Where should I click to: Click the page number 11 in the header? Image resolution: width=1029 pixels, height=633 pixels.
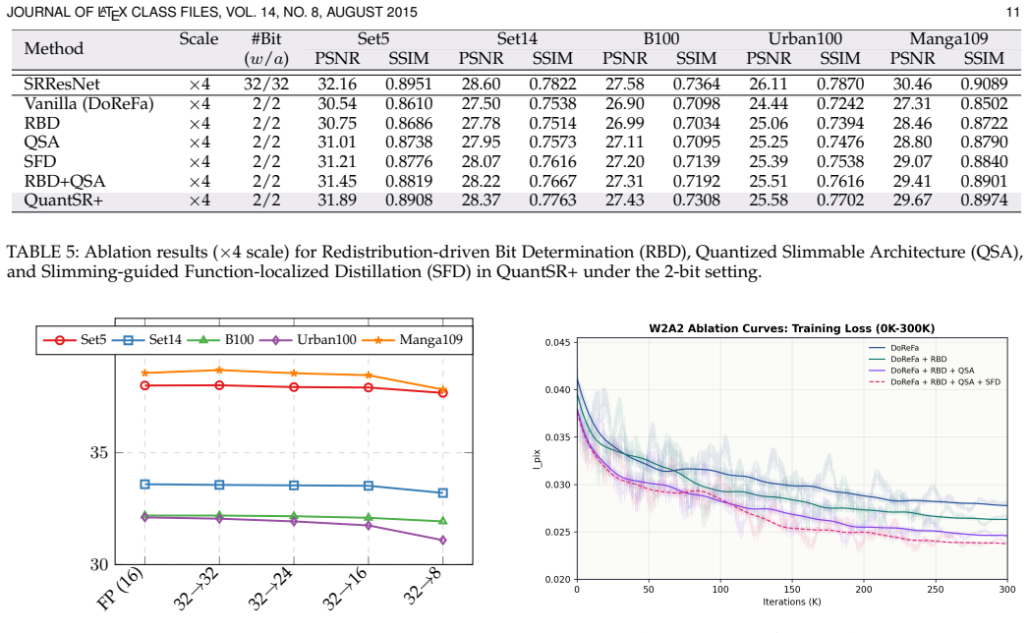[x=1012, y=13]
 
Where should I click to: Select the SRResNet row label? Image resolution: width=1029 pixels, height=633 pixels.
[x=62, y=85]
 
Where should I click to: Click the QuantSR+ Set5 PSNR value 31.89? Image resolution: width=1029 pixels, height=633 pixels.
[x=337, y=200]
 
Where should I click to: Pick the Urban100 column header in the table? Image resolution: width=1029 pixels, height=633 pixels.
[x=805, y=38]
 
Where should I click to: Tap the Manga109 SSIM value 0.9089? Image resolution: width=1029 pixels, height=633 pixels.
[x=984, y=85]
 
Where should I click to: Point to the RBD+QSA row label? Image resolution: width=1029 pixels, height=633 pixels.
[x=64, y=181]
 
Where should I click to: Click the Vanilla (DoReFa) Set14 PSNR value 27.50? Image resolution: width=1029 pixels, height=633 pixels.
[x=481, y=104]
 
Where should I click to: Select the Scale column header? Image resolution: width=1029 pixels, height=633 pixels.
[x=199, y=38]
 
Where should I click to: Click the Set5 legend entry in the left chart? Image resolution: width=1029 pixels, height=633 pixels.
[x=75, y=339]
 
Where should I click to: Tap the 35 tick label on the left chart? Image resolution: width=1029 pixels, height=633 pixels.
[x=99, y=452]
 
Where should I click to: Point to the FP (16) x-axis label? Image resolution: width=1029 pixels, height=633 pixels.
[x=120, y=589]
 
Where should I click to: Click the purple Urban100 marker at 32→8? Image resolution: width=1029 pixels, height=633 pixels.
[x=443, y=540]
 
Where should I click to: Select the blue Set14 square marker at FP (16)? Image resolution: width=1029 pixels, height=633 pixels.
[x=145, y=484]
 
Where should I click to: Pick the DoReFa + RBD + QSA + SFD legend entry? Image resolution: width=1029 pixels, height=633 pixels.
[x=935, y=381]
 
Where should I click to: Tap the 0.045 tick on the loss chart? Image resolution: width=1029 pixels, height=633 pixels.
[x=559, y=342]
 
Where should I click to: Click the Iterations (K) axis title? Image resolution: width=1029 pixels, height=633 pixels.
[x=791, y=602]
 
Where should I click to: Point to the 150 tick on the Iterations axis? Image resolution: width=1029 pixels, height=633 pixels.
[x=792, y=589]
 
